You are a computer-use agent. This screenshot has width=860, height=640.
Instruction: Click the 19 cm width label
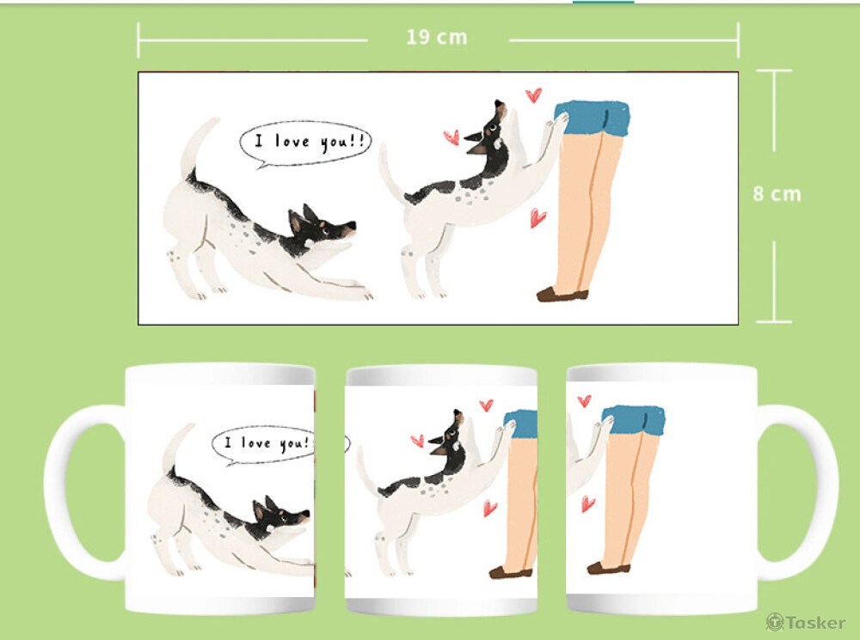(x=437, y=37)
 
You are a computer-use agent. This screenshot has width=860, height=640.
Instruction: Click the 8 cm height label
(x=777, y=194)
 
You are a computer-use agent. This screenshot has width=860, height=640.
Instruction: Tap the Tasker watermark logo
(x=806, y=623)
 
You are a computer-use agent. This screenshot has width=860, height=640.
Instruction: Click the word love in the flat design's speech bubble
(x=292, y=142)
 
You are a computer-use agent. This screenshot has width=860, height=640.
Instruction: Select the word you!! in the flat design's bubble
(x=342, y=142)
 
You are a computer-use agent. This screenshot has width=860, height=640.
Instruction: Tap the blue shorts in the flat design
(x=593, y=117)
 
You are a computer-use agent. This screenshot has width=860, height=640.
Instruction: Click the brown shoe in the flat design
(x=562, y=295)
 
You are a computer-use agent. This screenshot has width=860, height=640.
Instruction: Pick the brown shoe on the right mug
(x=608, y=568)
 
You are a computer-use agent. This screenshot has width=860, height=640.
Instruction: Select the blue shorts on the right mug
(x=634, y=420)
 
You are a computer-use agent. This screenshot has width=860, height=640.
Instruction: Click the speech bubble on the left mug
(x=264, y=445)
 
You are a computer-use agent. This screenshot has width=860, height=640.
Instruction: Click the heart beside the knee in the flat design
(x=537, y=217)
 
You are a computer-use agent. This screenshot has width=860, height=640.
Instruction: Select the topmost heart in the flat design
(x=534, y=95)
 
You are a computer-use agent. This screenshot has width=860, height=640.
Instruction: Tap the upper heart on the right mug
(x=585, y=400)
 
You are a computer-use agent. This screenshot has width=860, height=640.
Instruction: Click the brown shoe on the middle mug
(x=511, y=572)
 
